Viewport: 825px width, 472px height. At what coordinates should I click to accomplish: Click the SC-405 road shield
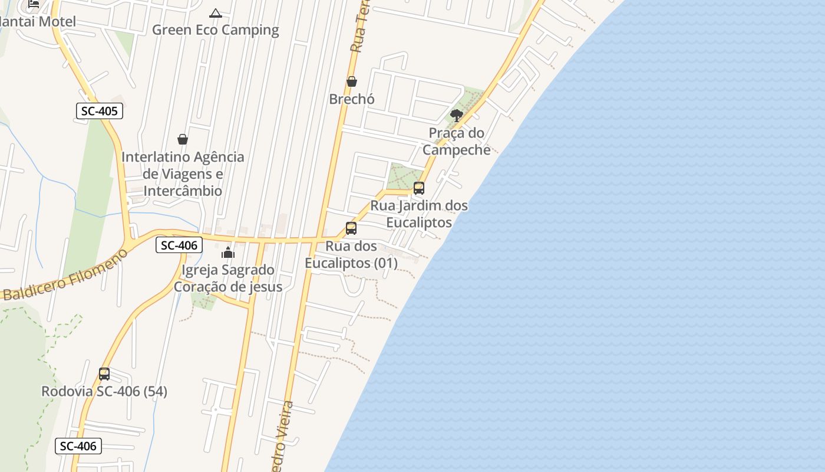(x=99, y=111)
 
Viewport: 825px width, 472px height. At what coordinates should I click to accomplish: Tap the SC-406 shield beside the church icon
(x=179, y=245)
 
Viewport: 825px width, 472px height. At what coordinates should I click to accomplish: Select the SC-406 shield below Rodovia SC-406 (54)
(x=78, y=446)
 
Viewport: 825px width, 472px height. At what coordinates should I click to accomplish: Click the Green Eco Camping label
(x=216, y=29)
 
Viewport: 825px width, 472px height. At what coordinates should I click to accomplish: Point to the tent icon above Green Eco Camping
(x=216, y=13)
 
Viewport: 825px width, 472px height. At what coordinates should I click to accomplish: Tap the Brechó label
(x=352, y=99)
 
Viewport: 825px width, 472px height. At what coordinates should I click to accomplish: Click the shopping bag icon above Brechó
(x=352, y=81)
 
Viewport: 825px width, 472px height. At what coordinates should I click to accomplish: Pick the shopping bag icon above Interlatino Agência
(x=183, y=139)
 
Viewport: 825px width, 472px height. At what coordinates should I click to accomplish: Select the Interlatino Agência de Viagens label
(x=183, y=174)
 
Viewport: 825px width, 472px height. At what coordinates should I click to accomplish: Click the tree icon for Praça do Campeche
(x=456, y=116)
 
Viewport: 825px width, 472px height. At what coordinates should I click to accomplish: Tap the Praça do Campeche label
(x=457, y=141)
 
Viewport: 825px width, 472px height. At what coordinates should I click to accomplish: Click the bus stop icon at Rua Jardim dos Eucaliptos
(x=419, y=188)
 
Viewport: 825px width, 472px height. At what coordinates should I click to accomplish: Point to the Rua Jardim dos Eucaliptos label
(x=419, y=214)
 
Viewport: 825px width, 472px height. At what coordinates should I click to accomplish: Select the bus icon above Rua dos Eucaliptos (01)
(x=351, y=228)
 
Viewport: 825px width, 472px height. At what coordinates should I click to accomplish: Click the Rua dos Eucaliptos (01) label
(x=351, y=254)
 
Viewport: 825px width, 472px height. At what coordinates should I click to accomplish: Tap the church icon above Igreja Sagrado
(x=228, y=253)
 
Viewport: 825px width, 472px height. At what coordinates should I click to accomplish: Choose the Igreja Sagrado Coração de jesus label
(x=228, y=278)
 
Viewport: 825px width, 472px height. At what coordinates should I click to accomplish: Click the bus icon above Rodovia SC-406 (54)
(x=104, y=374)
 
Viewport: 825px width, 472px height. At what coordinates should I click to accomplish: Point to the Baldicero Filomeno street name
(x=65, y=276)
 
